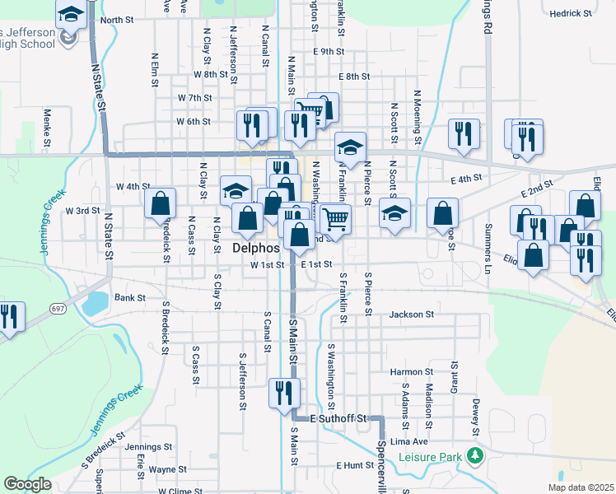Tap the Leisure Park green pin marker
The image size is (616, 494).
click(x=473, y=455)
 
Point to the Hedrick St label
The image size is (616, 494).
click(x=571, y=14)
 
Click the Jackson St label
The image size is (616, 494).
click(x=411, y=314)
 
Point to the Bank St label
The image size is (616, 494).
click(x=129, y=298)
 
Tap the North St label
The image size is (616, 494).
click(x=116, y=20)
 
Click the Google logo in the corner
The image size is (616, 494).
click(x=26, y=485)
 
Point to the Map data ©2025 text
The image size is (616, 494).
click(x=580, y=487)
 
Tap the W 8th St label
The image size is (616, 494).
click(x=210, y=74)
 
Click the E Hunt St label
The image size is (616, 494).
click(x=355, y=465)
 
